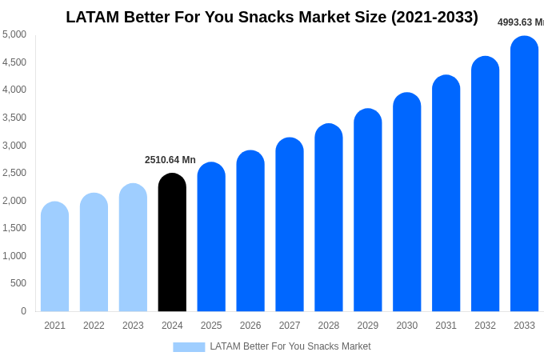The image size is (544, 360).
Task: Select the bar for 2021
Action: tap(54, 257)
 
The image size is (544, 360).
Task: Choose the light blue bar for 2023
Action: tap(133, 247)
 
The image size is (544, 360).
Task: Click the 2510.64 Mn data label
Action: tap(170, 160)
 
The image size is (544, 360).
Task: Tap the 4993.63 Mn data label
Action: tap(520, 22)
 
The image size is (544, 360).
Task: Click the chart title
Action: tap(272, 17)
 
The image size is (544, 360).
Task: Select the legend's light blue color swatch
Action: tap(189, 346)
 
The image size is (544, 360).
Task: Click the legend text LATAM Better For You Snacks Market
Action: tap(290, 346)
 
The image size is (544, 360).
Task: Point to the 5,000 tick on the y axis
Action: tap(14, 34)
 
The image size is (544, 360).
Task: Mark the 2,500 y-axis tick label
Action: tap(14, 173)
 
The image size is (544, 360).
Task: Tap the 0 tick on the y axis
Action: tap(23, 311)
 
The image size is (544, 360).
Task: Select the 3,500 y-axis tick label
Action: tap(14, 118)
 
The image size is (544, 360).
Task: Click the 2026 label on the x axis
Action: tap(250, 326)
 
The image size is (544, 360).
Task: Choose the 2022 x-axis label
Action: tap(94, 326)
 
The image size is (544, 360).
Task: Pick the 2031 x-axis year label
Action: tap(446, 326)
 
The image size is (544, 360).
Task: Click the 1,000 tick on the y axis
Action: tap(14, 256)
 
